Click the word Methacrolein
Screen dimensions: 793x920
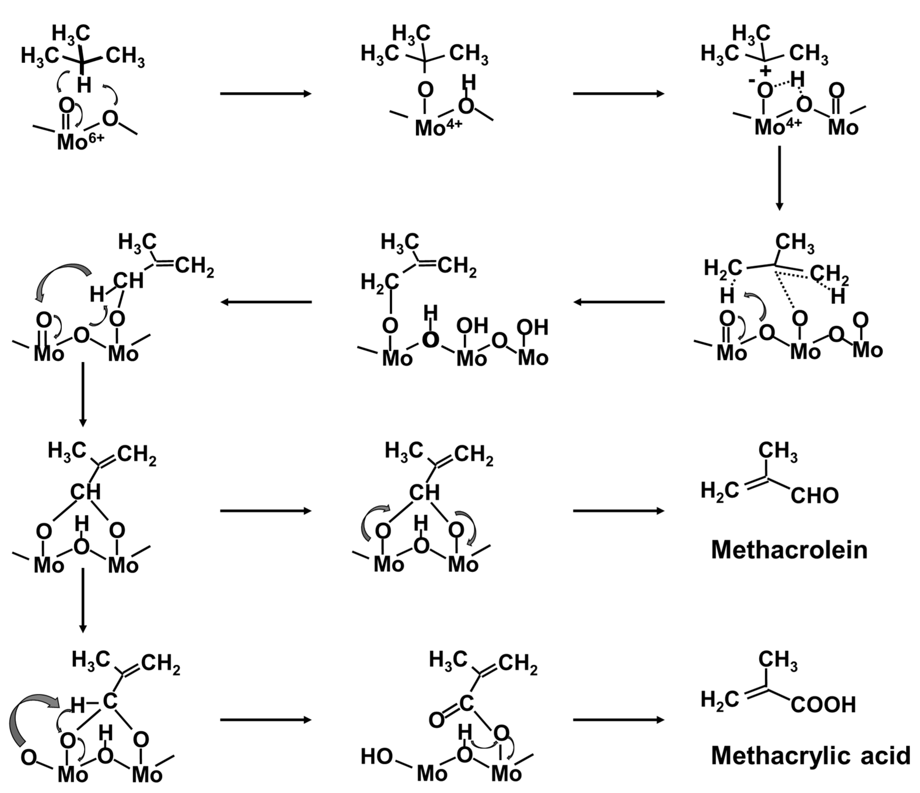789,550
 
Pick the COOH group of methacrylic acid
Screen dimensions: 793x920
823,704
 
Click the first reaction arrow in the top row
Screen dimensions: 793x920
265,94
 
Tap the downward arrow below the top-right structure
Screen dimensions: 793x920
779,178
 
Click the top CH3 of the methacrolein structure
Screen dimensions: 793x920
777,450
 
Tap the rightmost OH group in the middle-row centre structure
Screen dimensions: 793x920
532,327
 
